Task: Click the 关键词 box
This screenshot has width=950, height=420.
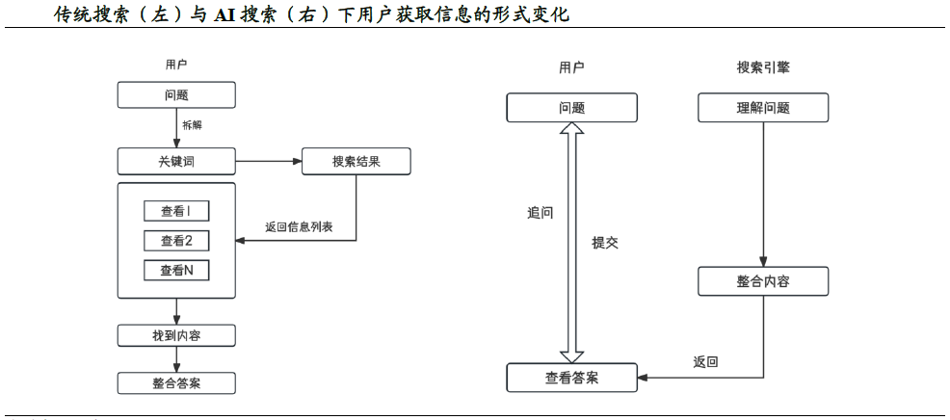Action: pyautogui.click(x=176, y=161)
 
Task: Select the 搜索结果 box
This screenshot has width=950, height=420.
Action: pyautogui.click(x=356, y=161)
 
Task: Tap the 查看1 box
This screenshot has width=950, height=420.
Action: pyautogui.click(x=176, y=212)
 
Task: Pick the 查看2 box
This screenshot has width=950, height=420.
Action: pyautogui.click(x=176, y=241)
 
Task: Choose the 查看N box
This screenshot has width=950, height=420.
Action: pyautogui.click(x=176, y=271)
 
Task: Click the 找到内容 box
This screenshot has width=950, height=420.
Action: pyautogui.click(x=176, y=335)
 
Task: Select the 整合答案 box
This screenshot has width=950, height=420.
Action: pyautogui.click(x=176, y=382)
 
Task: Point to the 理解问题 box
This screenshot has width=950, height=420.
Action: pyautogui.click(x=763, y=107)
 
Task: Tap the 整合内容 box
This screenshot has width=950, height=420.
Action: pyautogui.click(x=763, y=281)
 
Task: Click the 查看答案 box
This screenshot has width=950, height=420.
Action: pyautogui.click(x=572, y=378)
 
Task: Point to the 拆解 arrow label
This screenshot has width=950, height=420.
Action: pyautogui.click(x=193, y=124)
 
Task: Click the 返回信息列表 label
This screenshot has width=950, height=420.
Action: pyautogui.click(x=299, y=228)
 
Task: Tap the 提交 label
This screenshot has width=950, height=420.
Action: pyautogui.click(x=605, y=243)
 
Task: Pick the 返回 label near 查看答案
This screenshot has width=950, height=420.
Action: pyautogui.click(x=705, y=362)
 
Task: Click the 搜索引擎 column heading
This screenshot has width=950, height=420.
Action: pyautogui.click(x=763, y=67)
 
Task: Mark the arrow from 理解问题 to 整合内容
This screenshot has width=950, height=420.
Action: pyautogui.click(x=763, y=193)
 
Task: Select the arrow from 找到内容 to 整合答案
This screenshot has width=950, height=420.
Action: pyautogui.click(x=176, y=359)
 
